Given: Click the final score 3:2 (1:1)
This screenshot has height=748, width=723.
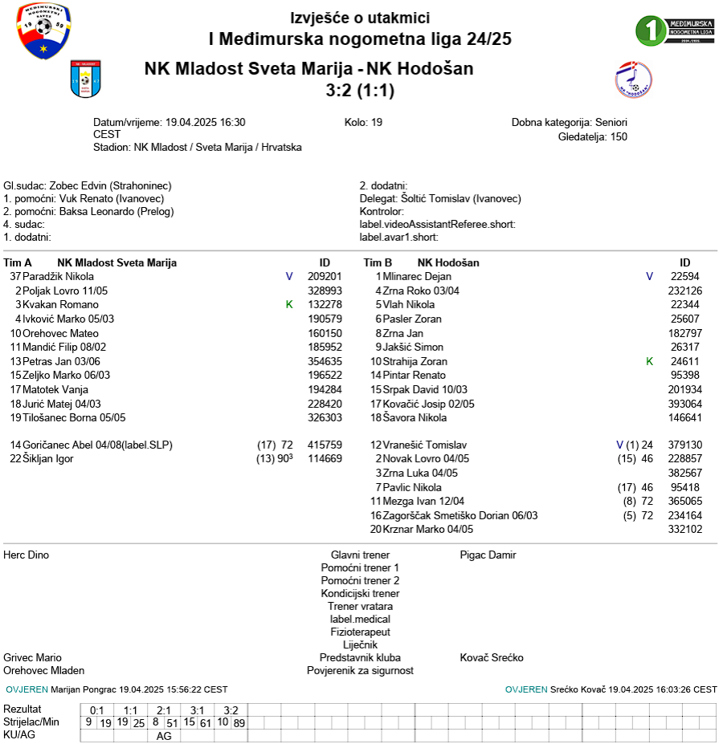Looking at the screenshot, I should point(360,90).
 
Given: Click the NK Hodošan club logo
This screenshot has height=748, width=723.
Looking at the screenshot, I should point(633,80).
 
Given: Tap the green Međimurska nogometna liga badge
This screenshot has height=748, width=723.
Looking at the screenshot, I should point(675,30).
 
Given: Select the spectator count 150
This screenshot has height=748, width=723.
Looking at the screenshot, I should point(619,136).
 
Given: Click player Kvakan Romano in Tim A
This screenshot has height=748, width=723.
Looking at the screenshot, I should point(60,305).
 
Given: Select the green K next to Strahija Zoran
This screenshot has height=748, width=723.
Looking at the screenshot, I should point(650,362).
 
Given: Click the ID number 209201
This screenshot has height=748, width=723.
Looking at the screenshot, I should point(325,277).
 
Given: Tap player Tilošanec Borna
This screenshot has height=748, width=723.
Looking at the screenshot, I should point(74,418).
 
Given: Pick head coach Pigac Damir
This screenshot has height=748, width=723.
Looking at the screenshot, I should point(488,555).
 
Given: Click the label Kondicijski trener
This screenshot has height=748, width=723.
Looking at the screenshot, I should point(360,594).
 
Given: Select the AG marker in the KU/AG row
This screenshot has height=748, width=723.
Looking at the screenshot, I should point(164,736).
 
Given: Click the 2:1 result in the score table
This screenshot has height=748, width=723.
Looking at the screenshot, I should point(164,710).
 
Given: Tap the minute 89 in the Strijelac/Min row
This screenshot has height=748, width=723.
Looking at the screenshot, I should point(239,723).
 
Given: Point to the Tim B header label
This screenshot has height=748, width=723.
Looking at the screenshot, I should point(378,263).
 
